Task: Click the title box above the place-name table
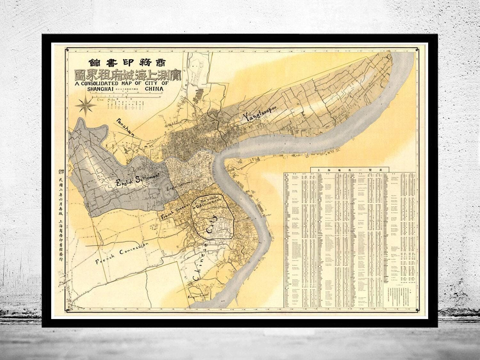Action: (350, 169)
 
